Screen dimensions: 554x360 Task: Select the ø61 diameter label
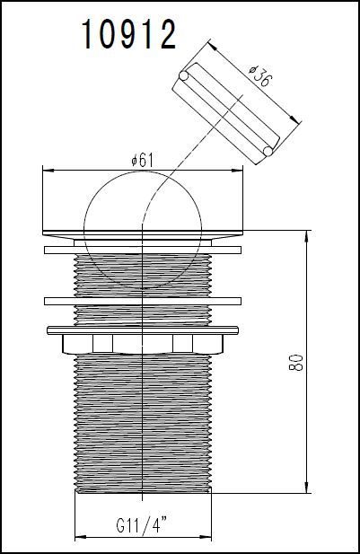click(x=144, y=159)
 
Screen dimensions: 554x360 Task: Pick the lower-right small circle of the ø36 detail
click(x=267, y=153)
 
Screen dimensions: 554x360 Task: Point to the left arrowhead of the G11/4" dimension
click(x=77, y=535)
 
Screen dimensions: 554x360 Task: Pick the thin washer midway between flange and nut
click(x=144, y=299)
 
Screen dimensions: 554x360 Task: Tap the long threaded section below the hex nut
click(x=144, y=422)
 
